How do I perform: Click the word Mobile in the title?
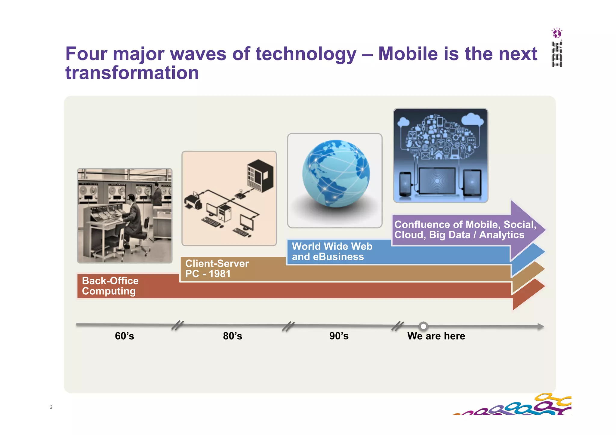point(418,54)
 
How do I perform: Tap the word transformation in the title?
point(132,73)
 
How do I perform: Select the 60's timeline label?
point(124,336)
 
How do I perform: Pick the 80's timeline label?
point(233,336)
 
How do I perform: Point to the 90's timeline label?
point(339,336)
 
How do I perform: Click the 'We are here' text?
point(436,336)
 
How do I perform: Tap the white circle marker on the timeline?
point(423,326)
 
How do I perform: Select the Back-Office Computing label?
point(110,286)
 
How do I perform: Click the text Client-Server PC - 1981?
point(217,269)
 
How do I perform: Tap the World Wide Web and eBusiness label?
point(332,252)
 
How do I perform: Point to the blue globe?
point(336,173)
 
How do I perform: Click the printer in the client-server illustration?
point(192,201)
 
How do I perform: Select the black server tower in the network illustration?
point(260,176)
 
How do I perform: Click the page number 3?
point(51,407)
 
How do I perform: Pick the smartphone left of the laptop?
point(405,184)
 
